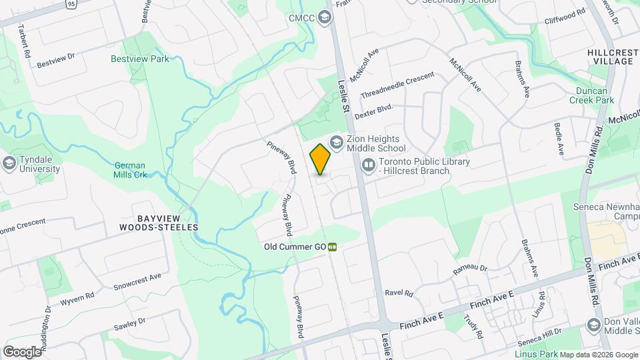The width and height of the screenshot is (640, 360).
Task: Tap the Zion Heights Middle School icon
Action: (x=337, y=142)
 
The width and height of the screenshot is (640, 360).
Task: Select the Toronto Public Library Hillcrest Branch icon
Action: (x=368, y=164)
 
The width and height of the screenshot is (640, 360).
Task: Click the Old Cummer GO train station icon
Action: (x=332, y=247)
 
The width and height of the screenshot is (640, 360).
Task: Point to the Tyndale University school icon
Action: (x=9, y=163)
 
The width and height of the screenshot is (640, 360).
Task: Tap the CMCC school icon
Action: (x=325, y=17)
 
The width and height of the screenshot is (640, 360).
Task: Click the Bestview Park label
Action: (x=140, y=59)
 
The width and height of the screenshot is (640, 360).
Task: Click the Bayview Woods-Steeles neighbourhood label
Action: (x=159, y=223)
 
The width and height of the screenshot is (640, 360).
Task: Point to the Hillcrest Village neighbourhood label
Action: (x=610, y=56)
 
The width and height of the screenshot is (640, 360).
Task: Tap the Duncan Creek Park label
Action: (x=591, y=95)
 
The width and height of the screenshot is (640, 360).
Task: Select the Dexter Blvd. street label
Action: (x=374, y=111)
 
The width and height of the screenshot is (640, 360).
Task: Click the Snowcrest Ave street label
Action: (x=137, y=281)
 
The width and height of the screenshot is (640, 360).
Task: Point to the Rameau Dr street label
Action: (x=470, y=268)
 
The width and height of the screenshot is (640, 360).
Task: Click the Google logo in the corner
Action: (x=21, y=351)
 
